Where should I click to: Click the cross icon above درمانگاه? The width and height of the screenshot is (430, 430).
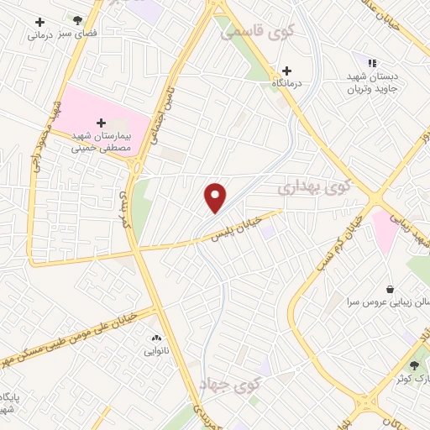287,71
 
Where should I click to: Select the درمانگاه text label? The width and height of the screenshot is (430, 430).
287,84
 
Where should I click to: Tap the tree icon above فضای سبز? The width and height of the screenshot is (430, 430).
77,19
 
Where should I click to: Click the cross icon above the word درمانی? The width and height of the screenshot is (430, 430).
39,21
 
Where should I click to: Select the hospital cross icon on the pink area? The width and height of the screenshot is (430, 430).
102,123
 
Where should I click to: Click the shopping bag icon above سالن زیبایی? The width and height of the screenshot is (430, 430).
391,288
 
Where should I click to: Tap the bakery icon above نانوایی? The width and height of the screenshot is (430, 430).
155,337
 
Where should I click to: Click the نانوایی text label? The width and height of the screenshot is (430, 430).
155,349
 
